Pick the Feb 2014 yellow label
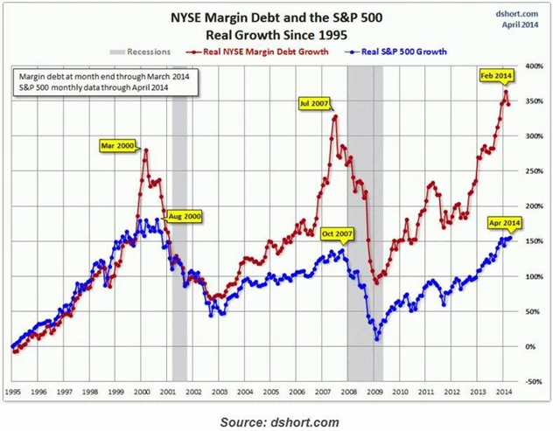click(496, 77)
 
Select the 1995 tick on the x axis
click(14, 392)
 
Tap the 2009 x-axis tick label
click(375, 392)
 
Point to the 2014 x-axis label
click(505, 392)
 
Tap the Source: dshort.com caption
click(279, 421)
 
